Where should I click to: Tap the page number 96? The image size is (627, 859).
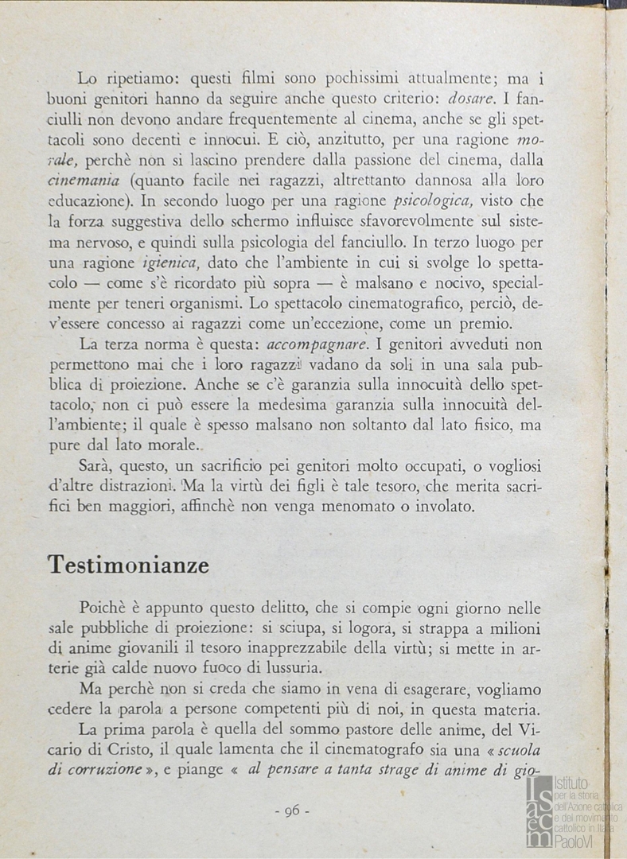tap(290, 810)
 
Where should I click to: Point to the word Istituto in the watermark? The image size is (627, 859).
tap(571, 783)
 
